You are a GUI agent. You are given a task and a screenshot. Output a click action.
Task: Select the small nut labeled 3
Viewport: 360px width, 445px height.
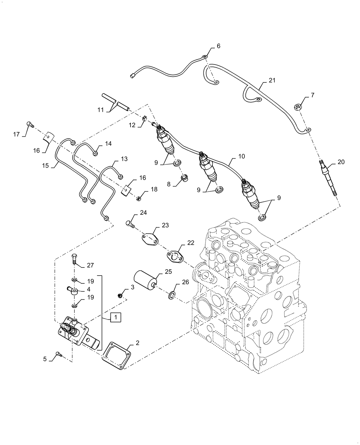pyautogui.click(x=120, y=296)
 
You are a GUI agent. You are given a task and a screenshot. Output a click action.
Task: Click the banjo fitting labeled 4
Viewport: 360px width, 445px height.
pyautogui.click(x=73, y=291)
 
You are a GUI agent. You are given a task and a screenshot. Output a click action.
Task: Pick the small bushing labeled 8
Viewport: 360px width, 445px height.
pyautogui.click(x=184, y=179)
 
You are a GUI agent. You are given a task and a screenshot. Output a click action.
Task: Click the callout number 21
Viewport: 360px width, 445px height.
pyautogui.click(x=272, y=80)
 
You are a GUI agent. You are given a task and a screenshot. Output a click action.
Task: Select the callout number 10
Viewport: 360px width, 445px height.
pyautogui.click(x=241, y=156)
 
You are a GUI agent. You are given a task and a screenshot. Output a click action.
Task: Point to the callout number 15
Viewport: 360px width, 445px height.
pyautogui.click(x=45, y=166)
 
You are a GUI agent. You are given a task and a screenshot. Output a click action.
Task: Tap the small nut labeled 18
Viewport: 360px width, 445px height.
pyautogui.click(x=139, y=198)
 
